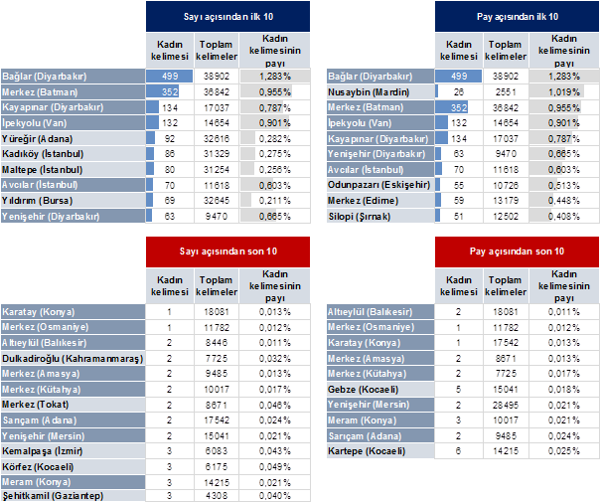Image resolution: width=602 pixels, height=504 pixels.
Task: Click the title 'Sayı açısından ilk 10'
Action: (228, 17)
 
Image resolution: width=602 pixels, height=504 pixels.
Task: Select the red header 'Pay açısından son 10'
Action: (517, 252)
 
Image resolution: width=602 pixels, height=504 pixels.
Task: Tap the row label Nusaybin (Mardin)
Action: (369, 92)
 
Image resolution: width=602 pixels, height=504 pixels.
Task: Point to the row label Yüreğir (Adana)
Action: (37, 139)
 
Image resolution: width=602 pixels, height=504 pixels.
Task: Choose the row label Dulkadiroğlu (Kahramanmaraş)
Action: (73, 359)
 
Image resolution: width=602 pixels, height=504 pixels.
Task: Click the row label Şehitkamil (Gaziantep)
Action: (53, 495)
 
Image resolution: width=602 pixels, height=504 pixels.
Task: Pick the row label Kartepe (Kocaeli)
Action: (367, 451)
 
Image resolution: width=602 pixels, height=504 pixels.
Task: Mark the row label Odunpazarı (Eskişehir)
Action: (378, 185)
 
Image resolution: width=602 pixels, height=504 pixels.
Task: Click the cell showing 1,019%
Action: (563, 92)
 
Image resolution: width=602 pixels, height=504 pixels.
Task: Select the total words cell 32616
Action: (217, 139)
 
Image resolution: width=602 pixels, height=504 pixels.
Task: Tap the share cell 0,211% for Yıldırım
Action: (274, 201)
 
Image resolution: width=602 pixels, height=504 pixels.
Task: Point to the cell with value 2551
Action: (506, 92)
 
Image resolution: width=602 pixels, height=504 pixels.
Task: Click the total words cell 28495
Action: (506, 405)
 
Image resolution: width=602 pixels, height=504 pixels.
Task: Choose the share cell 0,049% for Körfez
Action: (274, 467)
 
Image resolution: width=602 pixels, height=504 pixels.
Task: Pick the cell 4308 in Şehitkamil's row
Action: (217, 495)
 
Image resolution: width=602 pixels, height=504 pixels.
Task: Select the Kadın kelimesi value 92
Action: (169, 139)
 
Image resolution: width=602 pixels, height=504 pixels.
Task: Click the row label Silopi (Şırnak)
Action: (360, 217)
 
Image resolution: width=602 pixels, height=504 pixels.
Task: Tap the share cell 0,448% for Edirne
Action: (563, 201)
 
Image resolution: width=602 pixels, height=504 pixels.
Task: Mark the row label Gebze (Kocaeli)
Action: (363, 390)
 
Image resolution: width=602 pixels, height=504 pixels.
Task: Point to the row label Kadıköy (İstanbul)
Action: (43, 154)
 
